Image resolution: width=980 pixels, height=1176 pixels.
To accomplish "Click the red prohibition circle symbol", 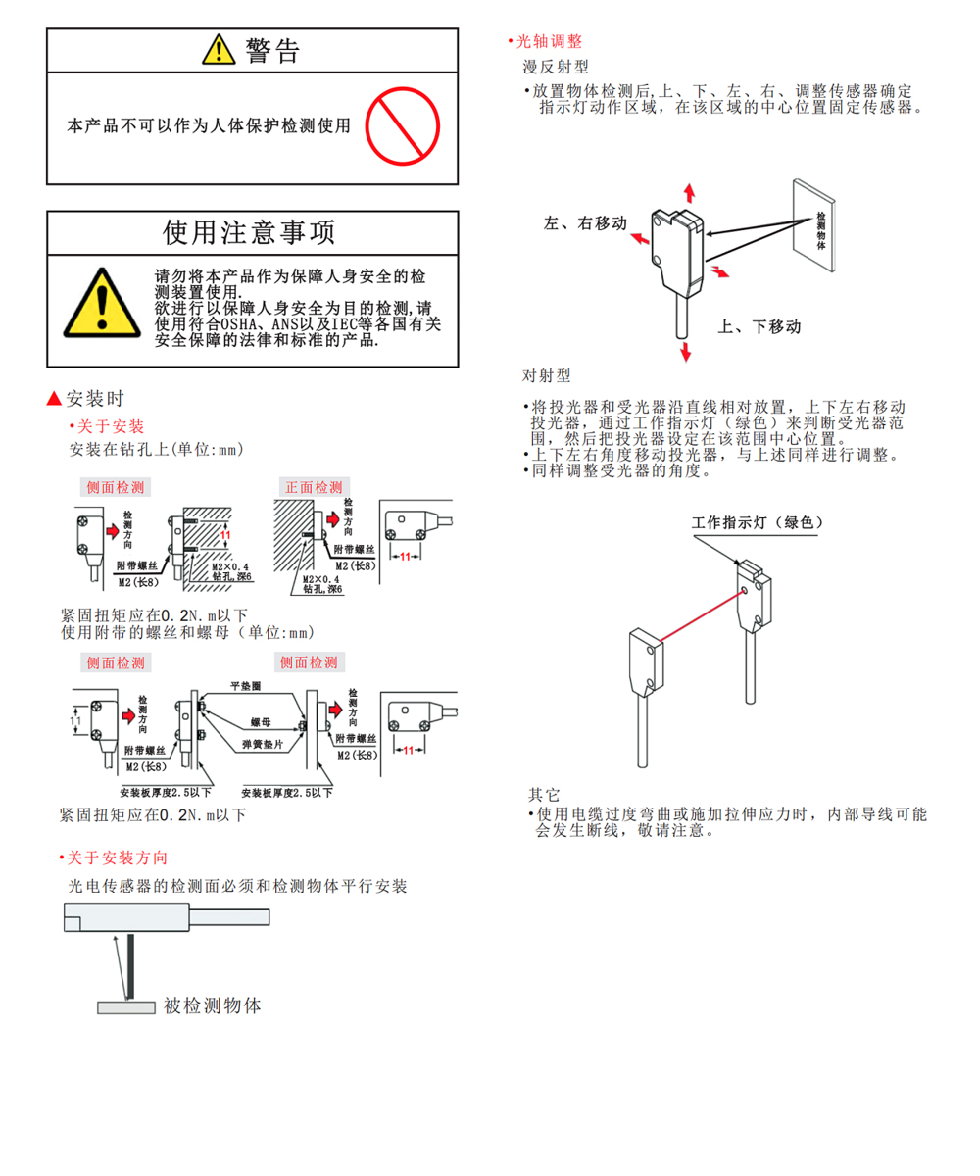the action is (402, 126).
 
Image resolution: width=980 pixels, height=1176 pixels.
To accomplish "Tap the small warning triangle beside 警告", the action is (219, 49).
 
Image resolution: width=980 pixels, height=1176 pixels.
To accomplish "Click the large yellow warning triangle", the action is (102, 303).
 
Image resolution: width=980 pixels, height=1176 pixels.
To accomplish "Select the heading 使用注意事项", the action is (249, 232).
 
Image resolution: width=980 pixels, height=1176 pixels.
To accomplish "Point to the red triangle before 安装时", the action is (54, 398).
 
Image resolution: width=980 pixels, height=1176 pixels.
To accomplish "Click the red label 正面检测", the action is (314, 487).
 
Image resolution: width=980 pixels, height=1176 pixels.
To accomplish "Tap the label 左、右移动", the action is (585, 223).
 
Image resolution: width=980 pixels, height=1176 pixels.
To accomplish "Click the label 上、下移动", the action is (759, 326).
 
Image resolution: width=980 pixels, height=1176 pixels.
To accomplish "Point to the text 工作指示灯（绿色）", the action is (758, 522).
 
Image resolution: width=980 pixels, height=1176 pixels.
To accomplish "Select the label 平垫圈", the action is (246, 685).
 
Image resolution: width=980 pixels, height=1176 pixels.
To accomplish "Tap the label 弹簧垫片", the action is (263, 744).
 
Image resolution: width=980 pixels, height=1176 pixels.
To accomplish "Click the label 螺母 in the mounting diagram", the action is (261, 722).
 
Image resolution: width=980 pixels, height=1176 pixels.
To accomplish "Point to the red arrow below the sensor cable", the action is (685, 352).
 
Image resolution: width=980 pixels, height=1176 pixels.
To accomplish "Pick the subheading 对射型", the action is (546, 375).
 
